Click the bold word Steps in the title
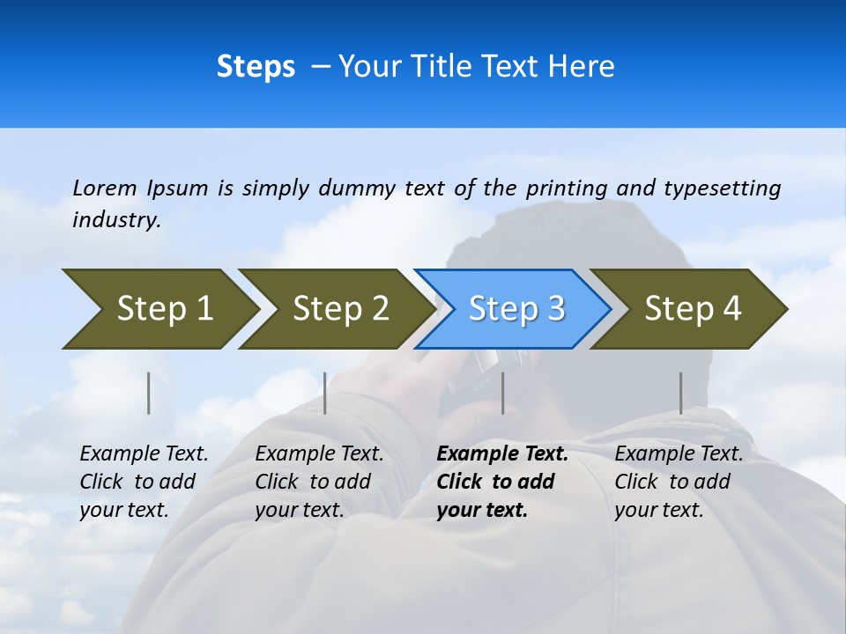pos(256,66)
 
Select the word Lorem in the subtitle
pos(105,188)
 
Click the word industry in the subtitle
pos(115,219)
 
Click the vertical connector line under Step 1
pos(149,393)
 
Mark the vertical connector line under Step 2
pos(325,393)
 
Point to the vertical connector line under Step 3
pos(502,393)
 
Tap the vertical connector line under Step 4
pos(680,393)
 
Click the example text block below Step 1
pos(144,482)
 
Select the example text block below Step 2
pos(319,482)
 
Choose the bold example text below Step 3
pos(502,482)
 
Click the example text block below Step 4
pos(679,482)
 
